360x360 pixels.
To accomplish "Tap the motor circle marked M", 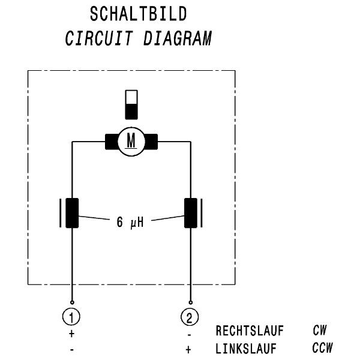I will point(131,142).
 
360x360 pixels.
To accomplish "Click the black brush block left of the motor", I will point(112,142).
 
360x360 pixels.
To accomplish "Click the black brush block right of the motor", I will point(150,142).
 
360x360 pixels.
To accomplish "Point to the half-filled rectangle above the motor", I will point(131,105).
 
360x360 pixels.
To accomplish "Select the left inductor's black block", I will point(72,212).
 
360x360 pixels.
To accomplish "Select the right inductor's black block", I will point(190,212).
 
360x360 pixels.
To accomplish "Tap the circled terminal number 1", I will point(72,316).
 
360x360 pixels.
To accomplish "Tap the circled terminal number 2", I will point(190,316).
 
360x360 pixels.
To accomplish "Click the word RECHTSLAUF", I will point(250,331).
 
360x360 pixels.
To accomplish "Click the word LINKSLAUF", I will point(247,348).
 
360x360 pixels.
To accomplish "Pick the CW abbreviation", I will point(319,330).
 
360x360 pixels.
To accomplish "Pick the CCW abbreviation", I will point(322,347).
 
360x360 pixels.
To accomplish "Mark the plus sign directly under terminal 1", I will point(72,332).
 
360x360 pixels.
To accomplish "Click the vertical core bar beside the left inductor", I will point(61,212).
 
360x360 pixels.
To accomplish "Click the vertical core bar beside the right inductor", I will point(202,212).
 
